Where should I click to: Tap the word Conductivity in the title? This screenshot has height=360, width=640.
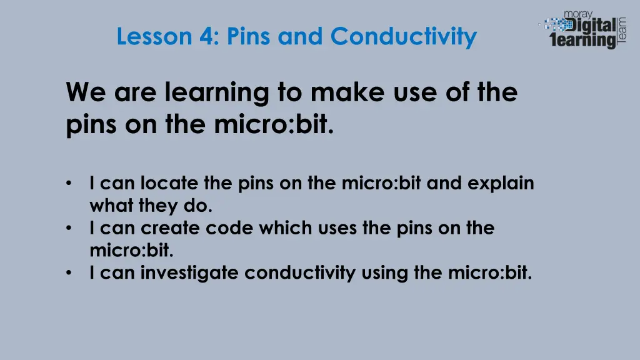403,37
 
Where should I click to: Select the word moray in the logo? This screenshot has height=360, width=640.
578,14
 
